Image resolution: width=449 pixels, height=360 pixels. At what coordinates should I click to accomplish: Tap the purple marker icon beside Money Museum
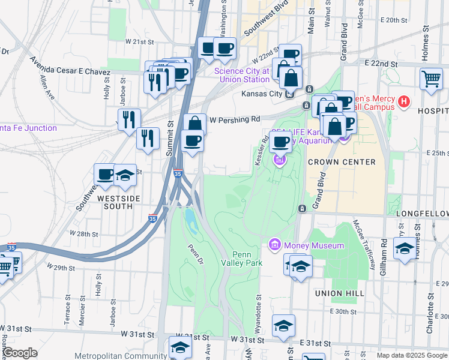point(275,245)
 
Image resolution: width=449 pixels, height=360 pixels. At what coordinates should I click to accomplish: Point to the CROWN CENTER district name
point(342,162)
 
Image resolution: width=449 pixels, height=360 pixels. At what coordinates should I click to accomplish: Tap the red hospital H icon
point(404,103)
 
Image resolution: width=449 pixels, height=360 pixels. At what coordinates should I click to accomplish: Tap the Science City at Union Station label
point(243,75)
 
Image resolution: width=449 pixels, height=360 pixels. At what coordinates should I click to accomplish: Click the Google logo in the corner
point(20,353)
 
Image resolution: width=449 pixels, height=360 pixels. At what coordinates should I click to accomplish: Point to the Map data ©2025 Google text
point(411,355)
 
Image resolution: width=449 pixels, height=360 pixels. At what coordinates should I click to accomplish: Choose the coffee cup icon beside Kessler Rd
point(280,142)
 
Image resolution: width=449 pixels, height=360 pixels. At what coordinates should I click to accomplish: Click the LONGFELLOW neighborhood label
point(422,214)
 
